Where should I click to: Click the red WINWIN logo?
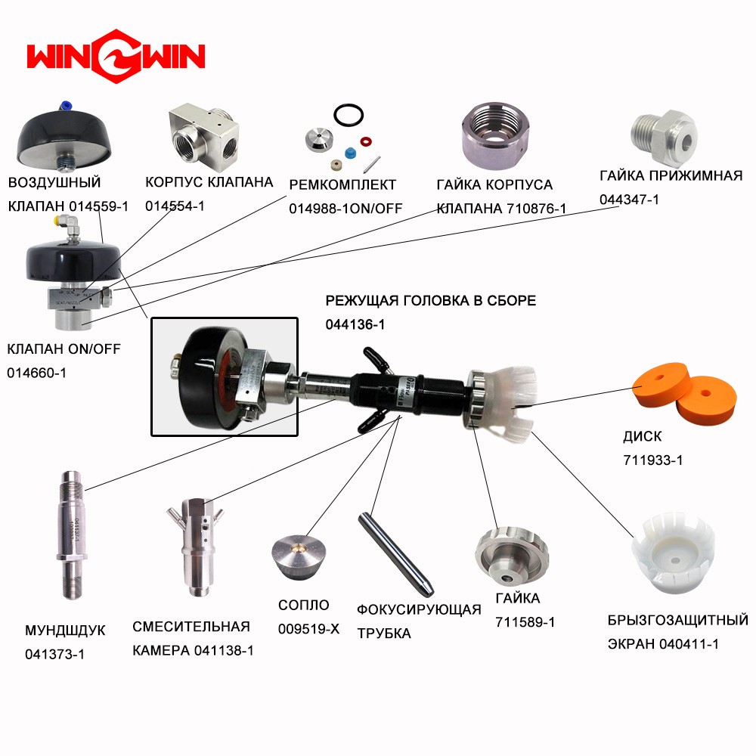tap(116, 56)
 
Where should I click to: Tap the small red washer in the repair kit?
tap(366, 142)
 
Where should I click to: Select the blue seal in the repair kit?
tap(351, 153)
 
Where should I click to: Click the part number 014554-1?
tap(175, 206)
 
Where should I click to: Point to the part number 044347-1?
tap(629, 199)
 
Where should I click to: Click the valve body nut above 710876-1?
tap(495, 135)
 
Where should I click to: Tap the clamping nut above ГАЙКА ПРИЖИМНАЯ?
tap(665, 137)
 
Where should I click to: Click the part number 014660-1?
tap(36, 373)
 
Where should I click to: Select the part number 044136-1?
tap(355, 324)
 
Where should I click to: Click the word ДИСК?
tap(642, 436)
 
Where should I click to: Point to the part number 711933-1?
tap(653, 460)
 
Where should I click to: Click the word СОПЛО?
tap(304, 605)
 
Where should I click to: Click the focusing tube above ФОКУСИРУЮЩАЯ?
tap(396, 554)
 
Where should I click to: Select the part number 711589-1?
tap(525, 622)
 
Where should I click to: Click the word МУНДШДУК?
tap(65, 631)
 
